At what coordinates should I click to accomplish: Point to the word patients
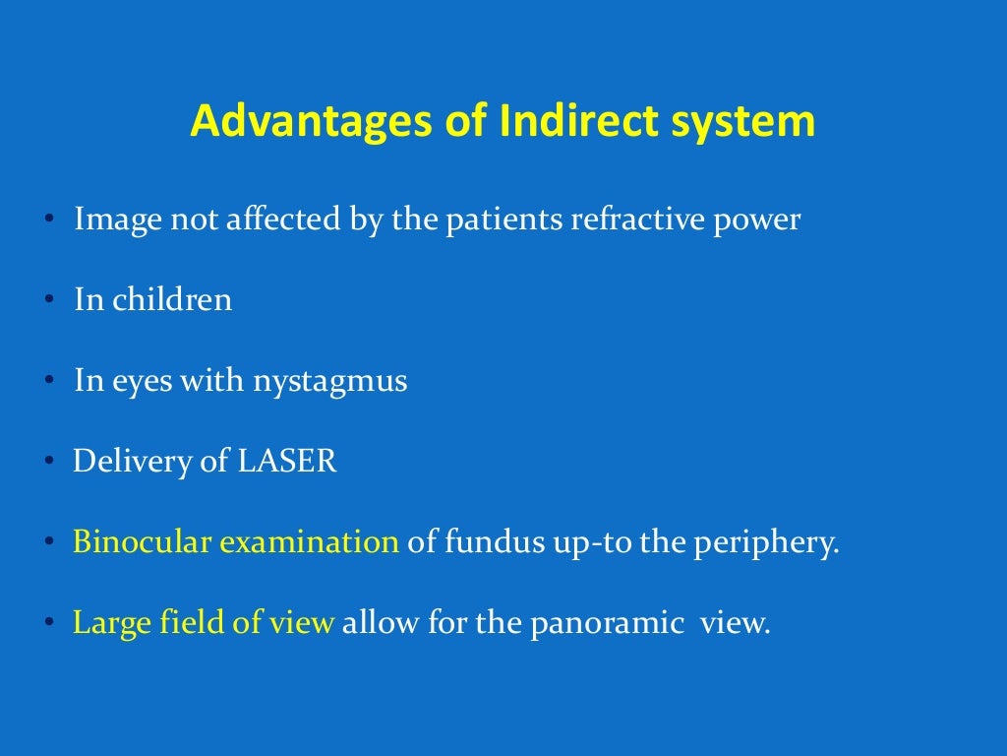(x=506, y=220)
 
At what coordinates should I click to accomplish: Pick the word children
(x=172, y=300)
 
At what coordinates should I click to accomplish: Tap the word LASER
(x=286, y=462)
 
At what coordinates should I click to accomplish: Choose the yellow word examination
(x=309, y=542)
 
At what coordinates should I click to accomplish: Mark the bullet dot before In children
(x=47, y=301)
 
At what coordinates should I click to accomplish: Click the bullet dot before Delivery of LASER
(x=47, y=463)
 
